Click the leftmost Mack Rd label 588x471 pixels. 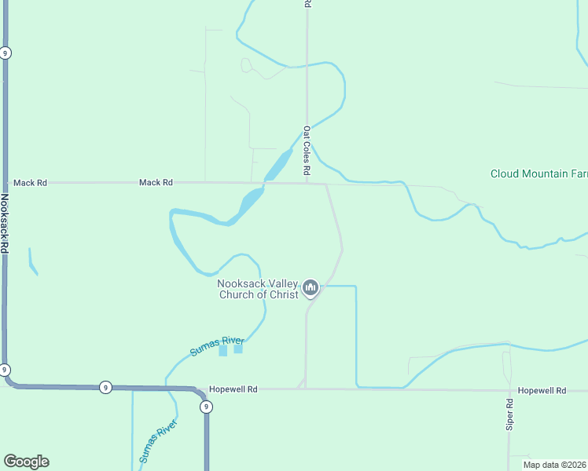[30, 183]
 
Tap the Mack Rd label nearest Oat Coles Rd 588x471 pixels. [156, 183]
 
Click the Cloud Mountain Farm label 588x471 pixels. [538, 173]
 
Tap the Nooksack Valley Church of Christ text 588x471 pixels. [258, 290]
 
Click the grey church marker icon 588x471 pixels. [311, 290]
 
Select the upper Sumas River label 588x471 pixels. [217, 345]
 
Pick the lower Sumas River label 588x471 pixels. [158, 441]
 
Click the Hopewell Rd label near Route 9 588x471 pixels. [233, 389]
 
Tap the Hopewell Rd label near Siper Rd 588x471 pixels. [542, 390]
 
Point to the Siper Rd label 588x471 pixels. [509, 414]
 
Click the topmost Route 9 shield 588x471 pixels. [6, 53]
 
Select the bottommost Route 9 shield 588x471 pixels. [205, 407]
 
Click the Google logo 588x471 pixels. [26, 462]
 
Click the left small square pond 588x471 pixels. [222, 351]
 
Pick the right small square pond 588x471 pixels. [238, 349]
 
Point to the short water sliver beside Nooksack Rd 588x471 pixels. [32, 262]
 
